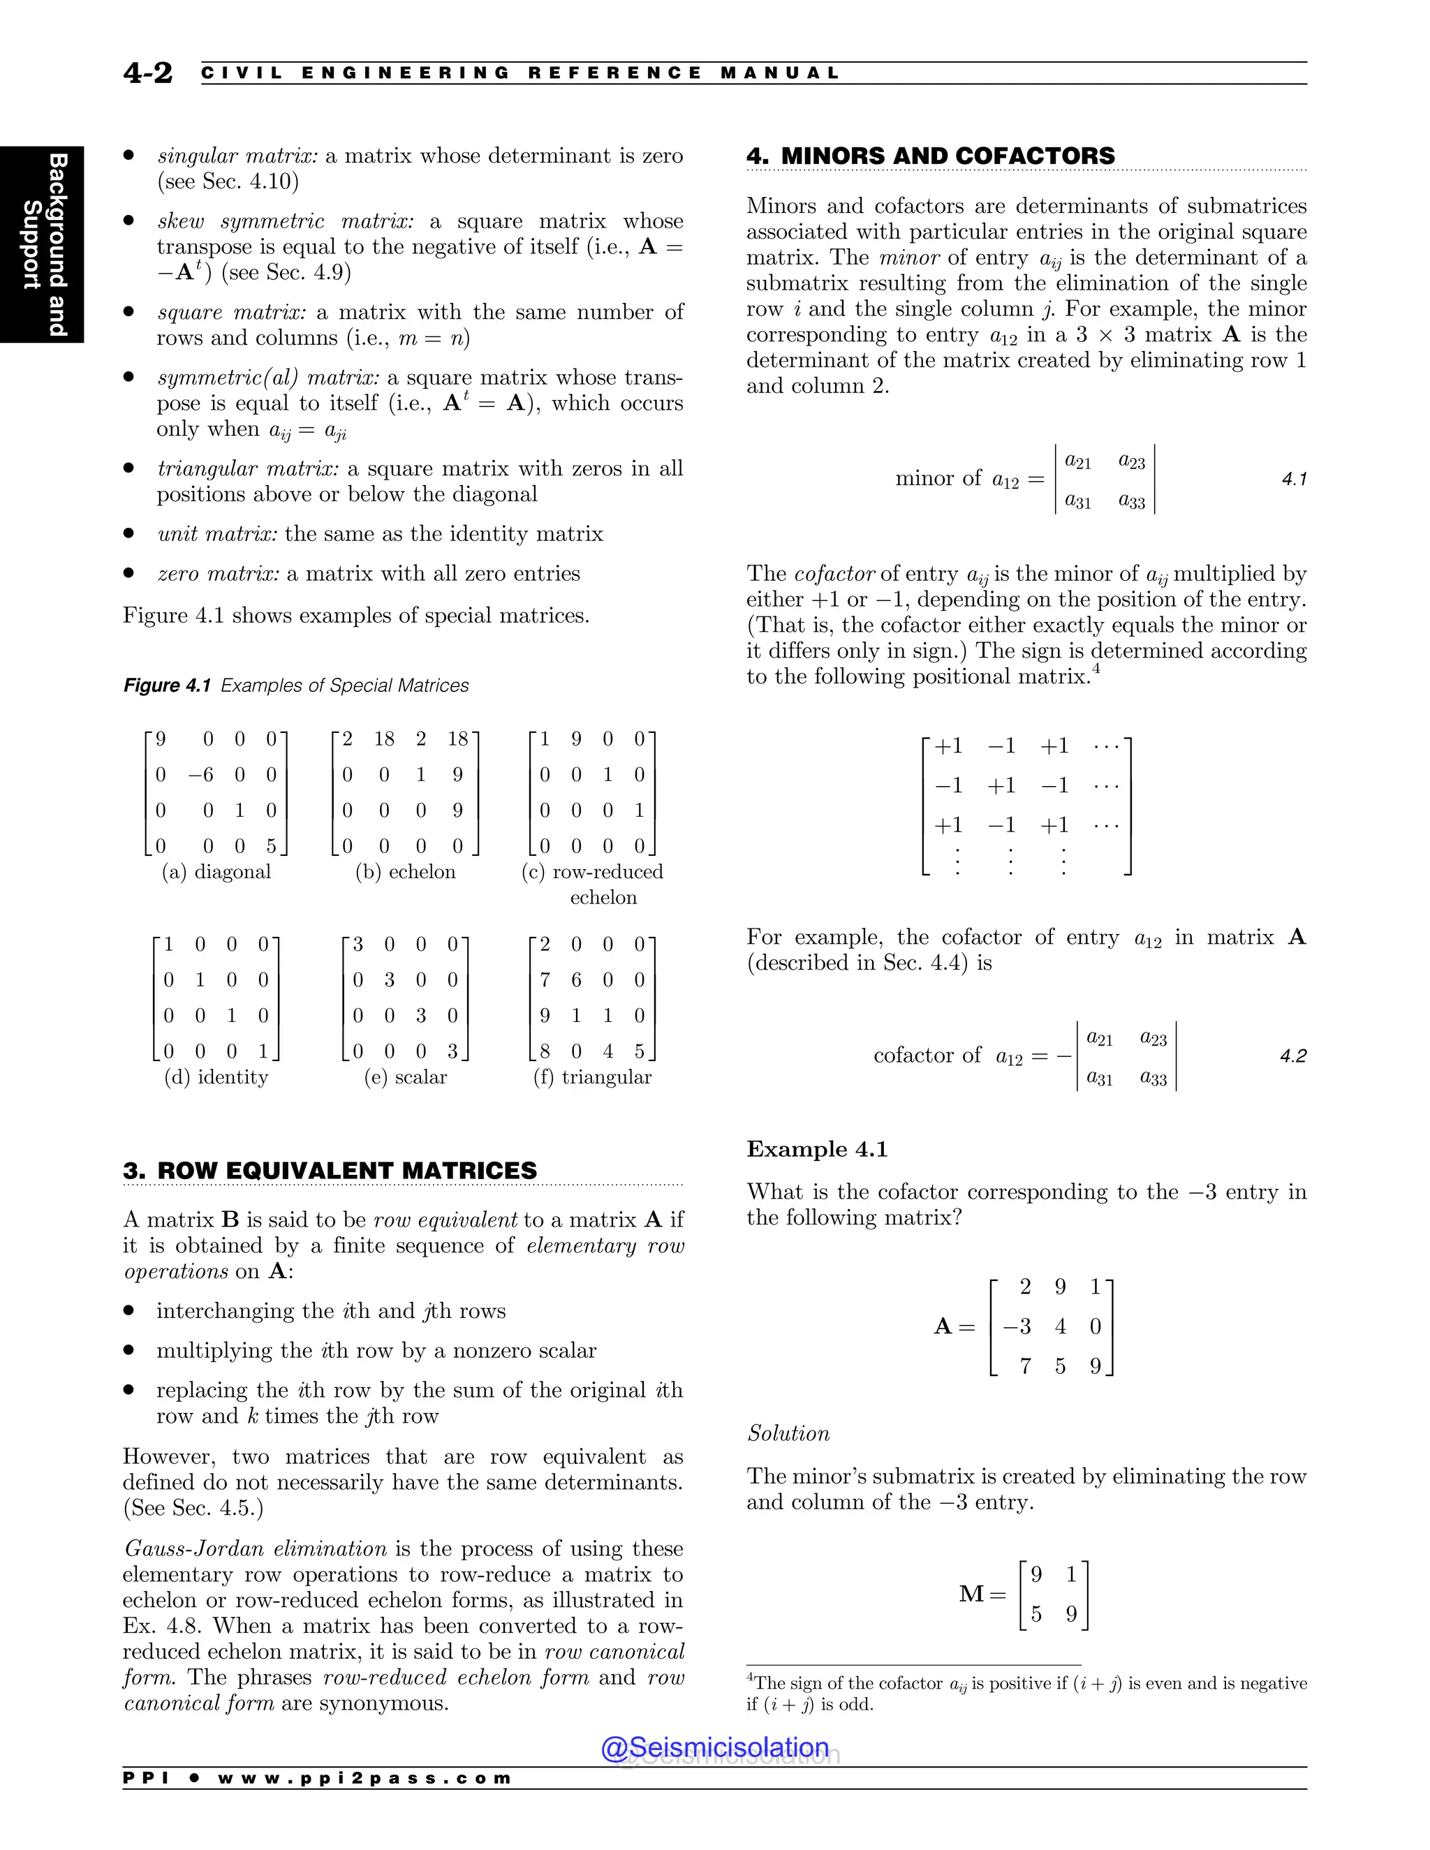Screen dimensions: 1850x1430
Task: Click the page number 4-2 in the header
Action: tap(147, 73)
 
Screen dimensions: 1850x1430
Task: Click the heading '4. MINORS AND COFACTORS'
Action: tap(930, 156)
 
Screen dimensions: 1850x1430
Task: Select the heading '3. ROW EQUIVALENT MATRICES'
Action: tap(330, 1171)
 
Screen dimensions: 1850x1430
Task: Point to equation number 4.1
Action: tap(1294, 480)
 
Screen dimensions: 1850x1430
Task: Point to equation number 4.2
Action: tap(1292, 1056)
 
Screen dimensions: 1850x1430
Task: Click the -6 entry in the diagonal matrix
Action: tap(201, 774)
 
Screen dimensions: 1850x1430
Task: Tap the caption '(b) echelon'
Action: tap(405, 872)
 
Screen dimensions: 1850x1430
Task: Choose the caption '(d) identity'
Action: tap(215, 1076)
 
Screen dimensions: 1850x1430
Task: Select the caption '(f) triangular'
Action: tap(592, 1076)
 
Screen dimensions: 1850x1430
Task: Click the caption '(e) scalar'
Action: tap(405, 1076)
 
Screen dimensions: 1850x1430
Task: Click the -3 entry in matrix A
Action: tap(1017, 1326)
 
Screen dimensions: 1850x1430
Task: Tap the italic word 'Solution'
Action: tap(788, 1433)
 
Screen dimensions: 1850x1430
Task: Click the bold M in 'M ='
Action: tap(972, 1594)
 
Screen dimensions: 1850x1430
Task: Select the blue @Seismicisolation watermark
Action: tap(714, 1747)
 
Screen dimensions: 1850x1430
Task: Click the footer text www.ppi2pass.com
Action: tap(364, 1778)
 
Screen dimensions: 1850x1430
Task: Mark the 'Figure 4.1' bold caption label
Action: tap(167, 686)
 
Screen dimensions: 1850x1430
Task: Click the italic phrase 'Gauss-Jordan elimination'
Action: tap(255, 1548)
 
